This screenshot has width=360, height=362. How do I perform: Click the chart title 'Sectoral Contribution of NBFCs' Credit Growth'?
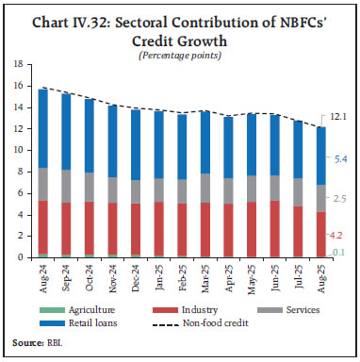pos(180,26)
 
